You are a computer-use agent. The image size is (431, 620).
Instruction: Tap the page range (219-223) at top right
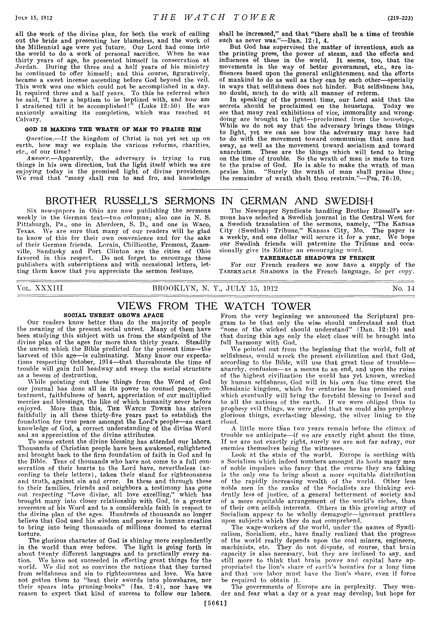401,18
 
